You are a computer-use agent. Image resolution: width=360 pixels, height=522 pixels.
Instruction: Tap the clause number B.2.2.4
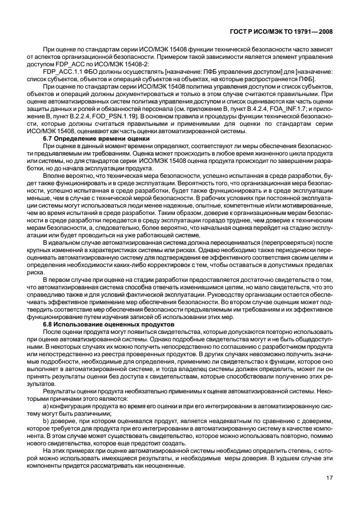click(82, 116)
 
